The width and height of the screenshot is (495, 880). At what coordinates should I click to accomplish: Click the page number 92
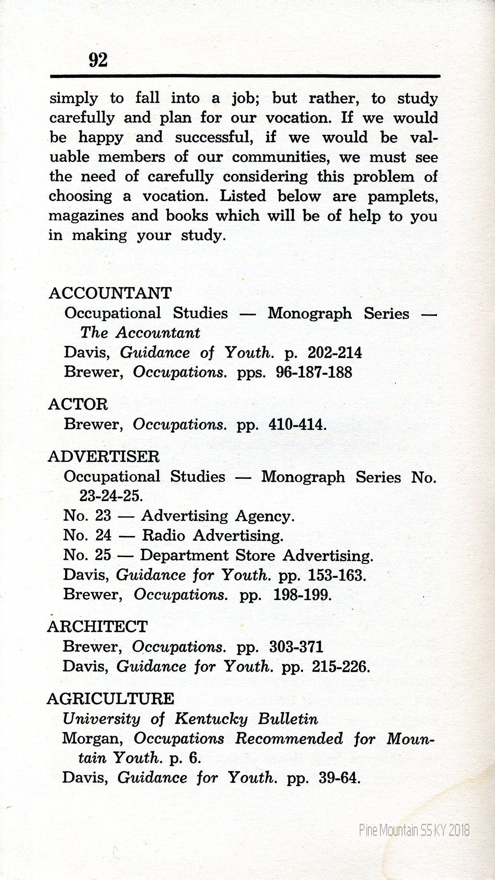coord(98,60)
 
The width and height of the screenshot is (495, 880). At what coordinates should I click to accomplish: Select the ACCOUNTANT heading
coord(110,293)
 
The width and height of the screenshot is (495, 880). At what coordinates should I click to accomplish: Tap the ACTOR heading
coord(78,404)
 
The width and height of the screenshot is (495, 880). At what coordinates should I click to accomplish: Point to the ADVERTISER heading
coord(104,456)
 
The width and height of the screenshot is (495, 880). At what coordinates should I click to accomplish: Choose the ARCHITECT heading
coord(97,626)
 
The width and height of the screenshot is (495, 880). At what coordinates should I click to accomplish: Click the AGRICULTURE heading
coord(111,699)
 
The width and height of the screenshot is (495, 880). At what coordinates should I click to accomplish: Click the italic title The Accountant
coord(140,332)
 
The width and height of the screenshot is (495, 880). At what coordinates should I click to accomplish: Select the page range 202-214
coord(335,353)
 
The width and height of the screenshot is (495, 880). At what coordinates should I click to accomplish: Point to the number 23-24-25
coord(111,496)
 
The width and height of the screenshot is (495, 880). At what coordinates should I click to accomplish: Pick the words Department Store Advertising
coord(257,555)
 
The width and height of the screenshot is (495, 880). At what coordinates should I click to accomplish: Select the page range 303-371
coord(296,646)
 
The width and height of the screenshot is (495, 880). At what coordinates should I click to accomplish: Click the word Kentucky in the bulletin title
coord(211,719)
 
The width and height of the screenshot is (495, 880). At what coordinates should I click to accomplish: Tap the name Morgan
coord(92,738)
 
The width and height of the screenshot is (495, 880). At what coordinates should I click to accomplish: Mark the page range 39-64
coord(339,778)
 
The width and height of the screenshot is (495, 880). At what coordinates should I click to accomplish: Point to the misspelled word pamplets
coord(403,197)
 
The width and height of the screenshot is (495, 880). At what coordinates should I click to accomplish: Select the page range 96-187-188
coord(314,372)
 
